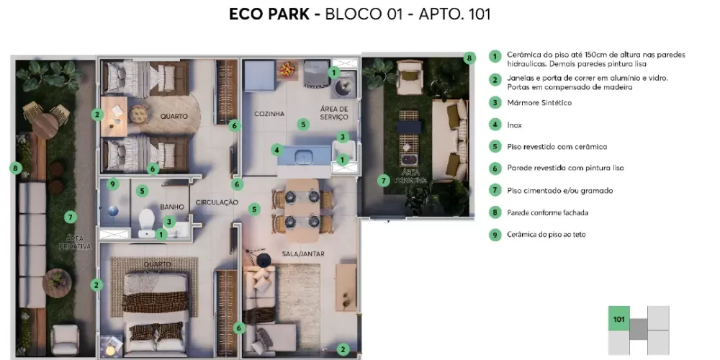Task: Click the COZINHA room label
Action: click(269, 114)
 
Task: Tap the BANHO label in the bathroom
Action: click(172, 207)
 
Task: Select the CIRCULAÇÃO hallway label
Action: click(217, 202)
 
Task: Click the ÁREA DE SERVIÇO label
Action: click(334, 113)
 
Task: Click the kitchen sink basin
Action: click(303, 156)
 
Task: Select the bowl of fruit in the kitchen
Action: click(287, 70)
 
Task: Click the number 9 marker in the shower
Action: click(112, 184)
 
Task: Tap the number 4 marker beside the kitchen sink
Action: click(276, 150)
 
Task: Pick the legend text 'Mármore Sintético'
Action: click(539, 103)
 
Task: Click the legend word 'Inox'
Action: click(514, 125)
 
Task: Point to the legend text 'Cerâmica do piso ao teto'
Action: click(546, 235)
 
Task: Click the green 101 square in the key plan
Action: click(619, 319)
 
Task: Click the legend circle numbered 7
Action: click(495, 191)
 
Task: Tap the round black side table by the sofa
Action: click(264, 261)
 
